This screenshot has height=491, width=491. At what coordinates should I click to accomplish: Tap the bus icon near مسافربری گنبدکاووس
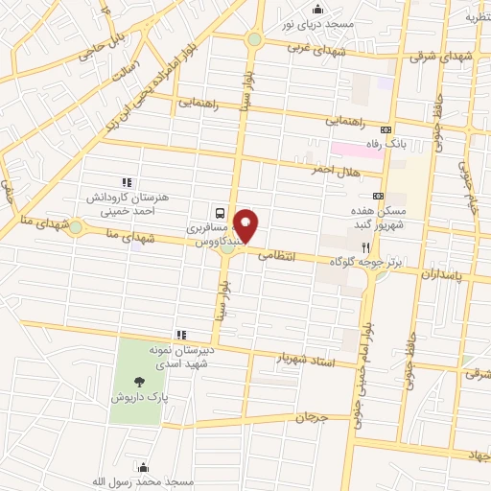(222, 213)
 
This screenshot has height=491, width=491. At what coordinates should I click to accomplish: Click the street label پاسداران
(446, 272)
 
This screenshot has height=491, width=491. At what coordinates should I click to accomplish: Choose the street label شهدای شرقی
(442, 57)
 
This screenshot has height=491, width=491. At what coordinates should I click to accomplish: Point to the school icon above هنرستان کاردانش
(125, 182)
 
